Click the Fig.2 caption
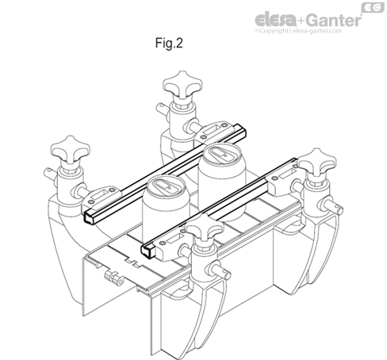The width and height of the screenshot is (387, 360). (167, 44)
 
